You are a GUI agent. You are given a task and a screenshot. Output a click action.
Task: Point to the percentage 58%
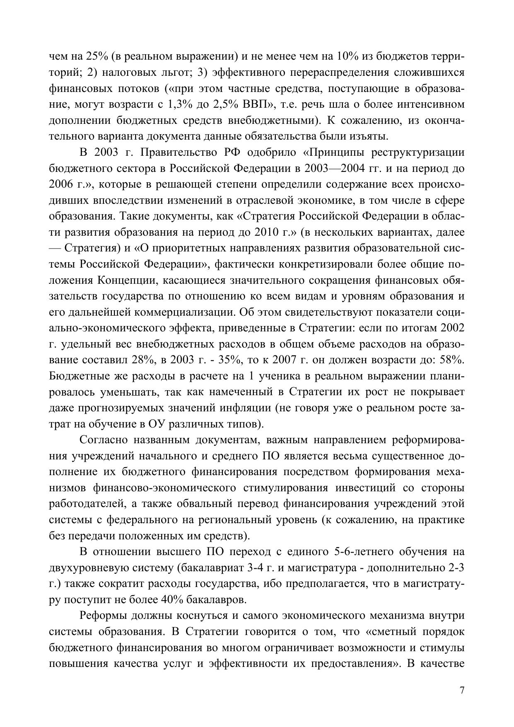452,360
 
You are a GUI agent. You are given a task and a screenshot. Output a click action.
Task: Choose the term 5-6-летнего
361,552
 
